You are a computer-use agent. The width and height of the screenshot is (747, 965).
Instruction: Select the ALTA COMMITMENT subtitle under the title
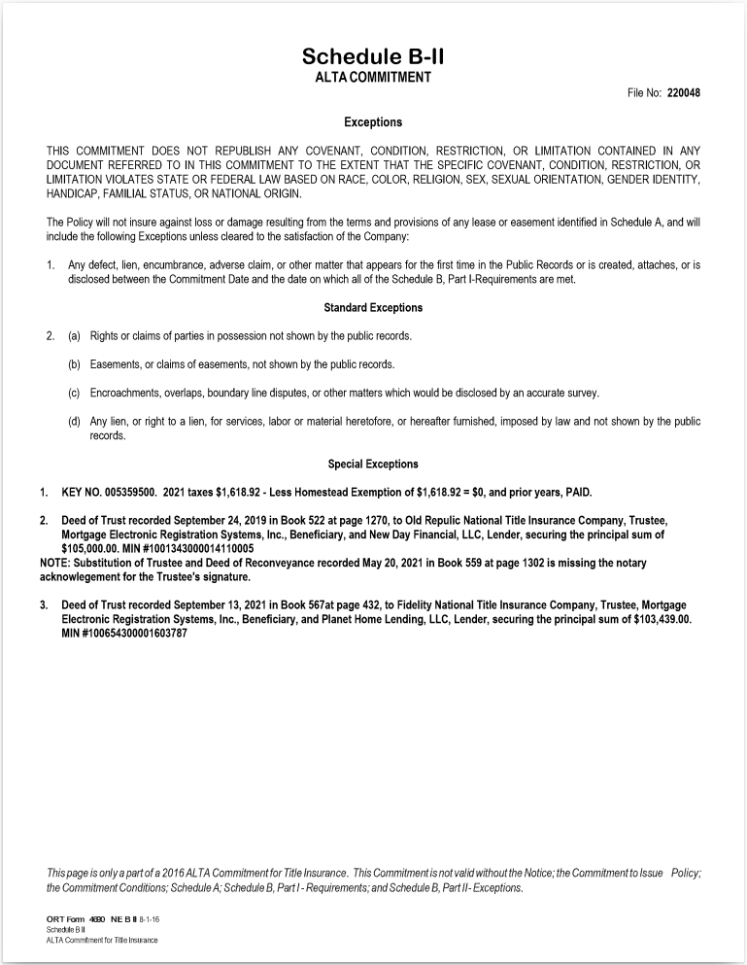point(373,77)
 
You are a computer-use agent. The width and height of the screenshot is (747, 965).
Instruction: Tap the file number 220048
point(684,93)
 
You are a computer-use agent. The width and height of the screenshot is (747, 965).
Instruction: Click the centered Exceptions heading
point(373,122)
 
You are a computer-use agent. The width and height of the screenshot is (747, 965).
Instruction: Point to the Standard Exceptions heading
point(373,308)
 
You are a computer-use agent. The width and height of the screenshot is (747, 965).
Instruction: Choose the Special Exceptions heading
point(373,465)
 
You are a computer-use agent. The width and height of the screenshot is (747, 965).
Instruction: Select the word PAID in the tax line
point(573,492)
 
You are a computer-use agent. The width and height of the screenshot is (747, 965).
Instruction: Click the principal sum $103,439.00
point(656,618)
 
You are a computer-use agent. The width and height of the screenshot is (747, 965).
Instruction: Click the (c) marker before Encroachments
point(74,394)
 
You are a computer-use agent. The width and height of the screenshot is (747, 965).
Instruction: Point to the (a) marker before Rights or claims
point(74,336)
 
